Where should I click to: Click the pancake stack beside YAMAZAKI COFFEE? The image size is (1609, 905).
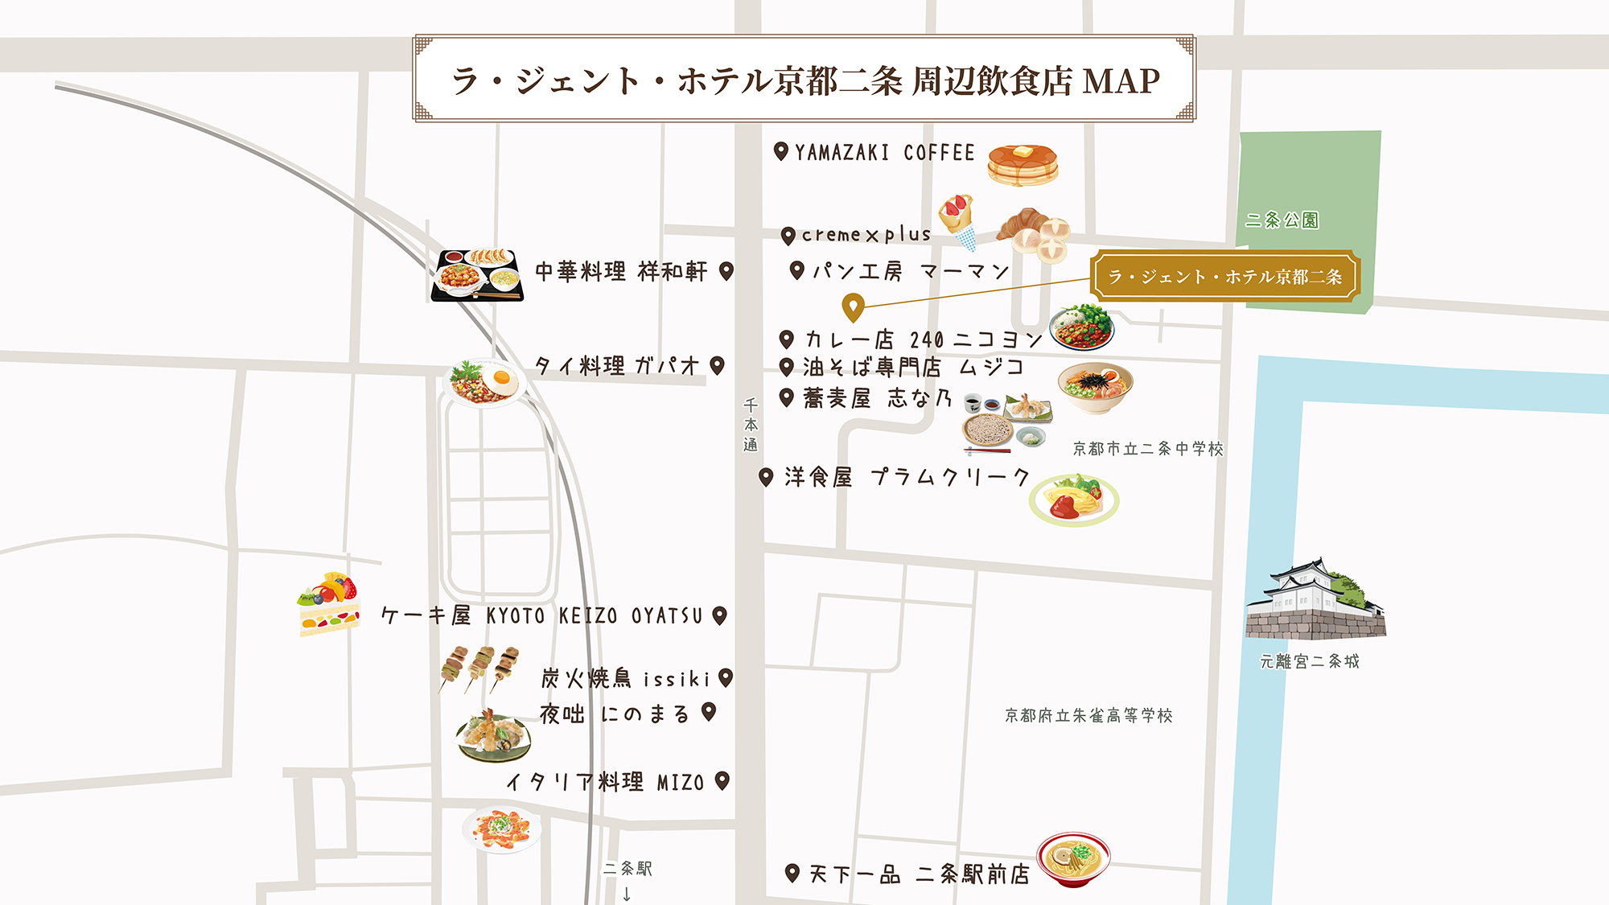(1023, 165)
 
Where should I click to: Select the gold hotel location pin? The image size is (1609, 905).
(853, 306)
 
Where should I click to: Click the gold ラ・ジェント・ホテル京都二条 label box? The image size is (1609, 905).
(1225, 277)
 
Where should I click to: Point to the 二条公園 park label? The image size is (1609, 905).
(1282, 220)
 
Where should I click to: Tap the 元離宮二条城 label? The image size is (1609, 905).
(1309, 661)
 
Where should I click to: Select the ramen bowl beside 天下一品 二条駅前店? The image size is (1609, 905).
(1073, 858)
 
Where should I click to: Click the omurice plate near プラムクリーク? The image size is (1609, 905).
(1074, 500)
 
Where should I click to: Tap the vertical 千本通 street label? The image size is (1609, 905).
(751, 426)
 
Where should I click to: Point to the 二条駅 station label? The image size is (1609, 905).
(628, 869)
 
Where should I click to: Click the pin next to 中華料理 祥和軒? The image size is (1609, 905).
(726, 271)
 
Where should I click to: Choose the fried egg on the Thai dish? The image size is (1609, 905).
(502, 378)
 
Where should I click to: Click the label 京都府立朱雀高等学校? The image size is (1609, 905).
(1088, 715)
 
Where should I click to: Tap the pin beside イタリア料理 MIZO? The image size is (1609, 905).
(722, 780)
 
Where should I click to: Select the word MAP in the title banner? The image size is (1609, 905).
(1121, 80)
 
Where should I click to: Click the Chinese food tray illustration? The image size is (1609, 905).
(477, 275)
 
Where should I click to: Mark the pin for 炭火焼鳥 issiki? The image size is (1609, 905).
(726, 677)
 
